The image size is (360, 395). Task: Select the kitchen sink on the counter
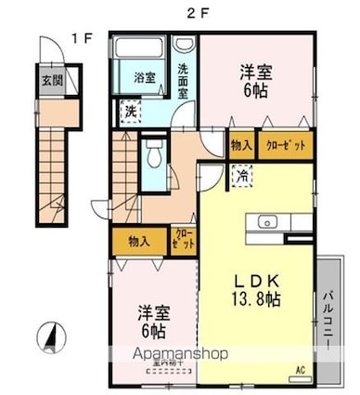(268, 222)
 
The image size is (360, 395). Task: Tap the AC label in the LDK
(300, 371)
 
